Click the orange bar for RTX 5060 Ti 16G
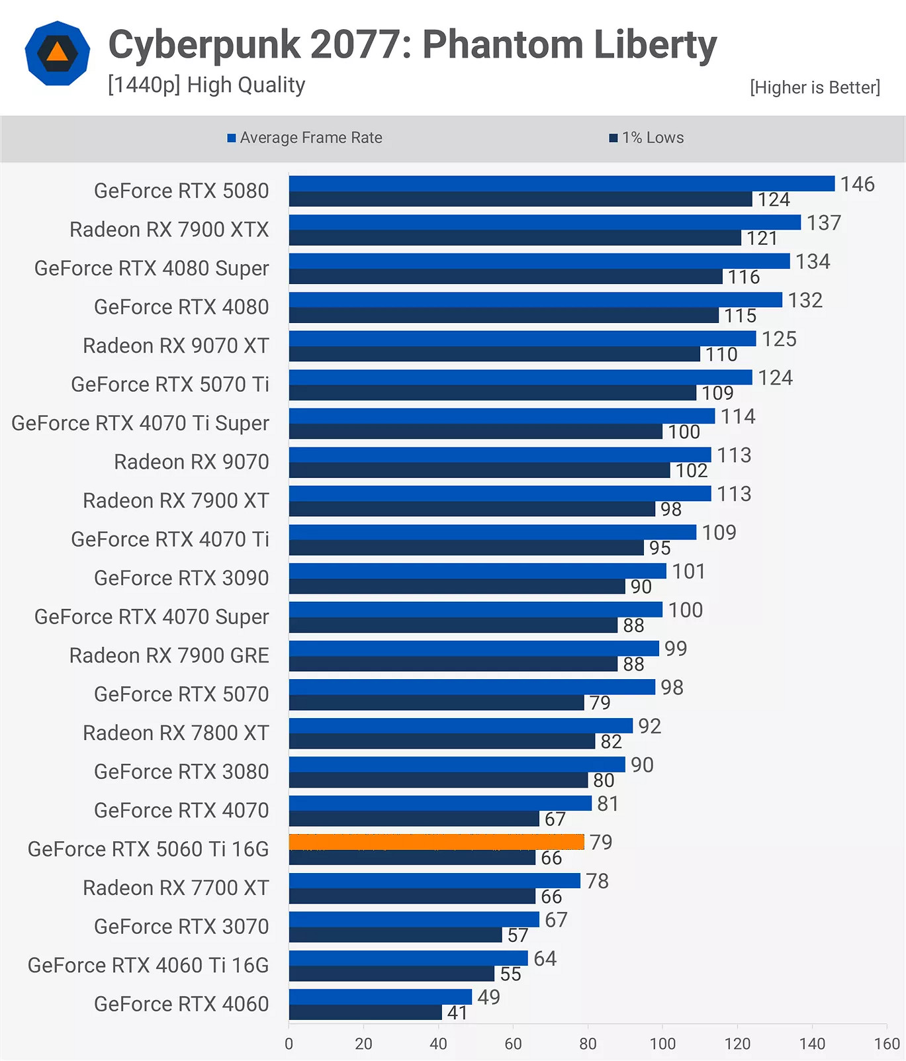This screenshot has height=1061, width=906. pos(436,842)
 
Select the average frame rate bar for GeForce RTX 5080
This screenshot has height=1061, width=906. pos(561,183)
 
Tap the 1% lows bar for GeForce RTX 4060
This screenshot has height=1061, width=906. pos(365,1013)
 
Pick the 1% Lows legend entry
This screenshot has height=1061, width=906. pos(647,138)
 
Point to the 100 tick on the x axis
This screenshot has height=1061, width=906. pos(662,1044)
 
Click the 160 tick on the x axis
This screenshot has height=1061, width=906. pos(886,1044)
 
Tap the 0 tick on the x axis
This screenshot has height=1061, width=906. pos(289,1044)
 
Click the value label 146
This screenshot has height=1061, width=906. pos(857,184)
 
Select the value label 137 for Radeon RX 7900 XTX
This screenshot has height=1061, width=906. pos(823,223)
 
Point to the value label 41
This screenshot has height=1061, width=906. pos(457,1013)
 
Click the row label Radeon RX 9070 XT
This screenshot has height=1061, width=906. pos(175,346)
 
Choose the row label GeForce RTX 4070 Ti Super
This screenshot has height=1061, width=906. pos(140,424)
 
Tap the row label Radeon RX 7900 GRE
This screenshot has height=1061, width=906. pos(169,656)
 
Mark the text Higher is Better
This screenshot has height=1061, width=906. pos(815,87)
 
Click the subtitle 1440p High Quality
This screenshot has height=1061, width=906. pos(206,85)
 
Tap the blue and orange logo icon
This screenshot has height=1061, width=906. pos(58,54)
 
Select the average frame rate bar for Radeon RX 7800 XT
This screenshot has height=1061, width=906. pos(461,725)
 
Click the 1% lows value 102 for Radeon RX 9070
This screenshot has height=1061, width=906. pos(692,471)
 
